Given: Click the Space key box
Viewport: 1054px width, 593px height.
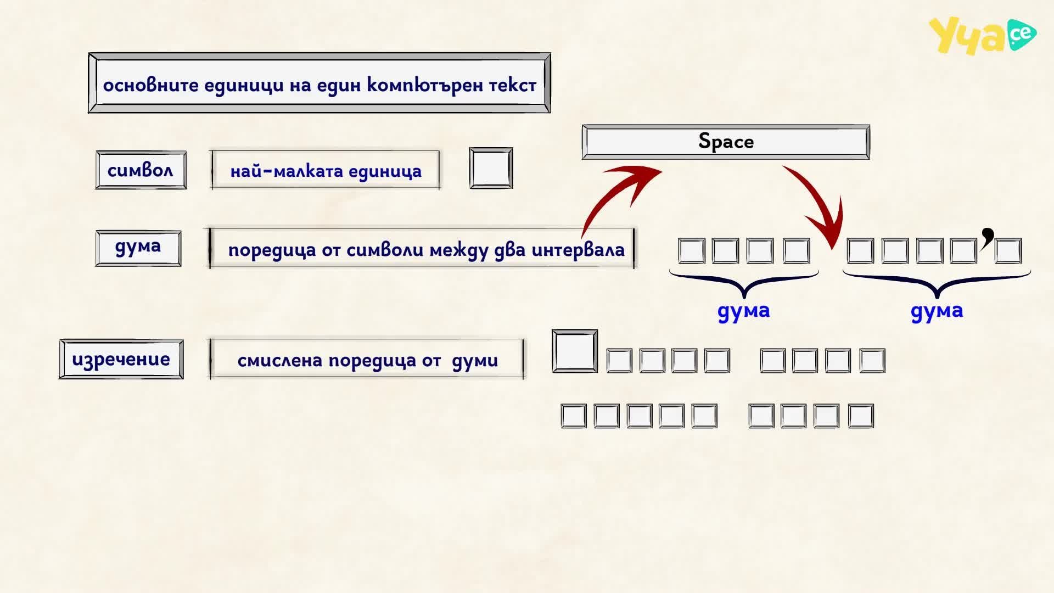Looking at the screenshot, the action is [726, 142].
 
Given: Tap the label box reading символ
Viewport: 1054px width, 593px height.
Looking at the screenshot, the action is [141, 170].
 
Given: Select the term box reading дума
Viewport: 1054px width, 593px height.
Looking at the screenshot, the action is [138, 248].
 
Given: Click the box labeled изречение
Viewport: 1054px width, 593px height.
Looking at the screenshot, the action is [121, 359].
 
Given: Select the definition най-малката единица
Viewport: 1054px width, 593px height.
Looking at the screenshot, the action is [326, 171].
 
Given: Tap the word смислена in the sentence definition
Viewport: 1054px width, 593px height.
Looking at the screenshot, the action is [280, 361].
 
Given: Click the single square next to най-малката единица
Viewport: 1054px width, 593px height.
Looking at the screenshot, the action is [491, 168].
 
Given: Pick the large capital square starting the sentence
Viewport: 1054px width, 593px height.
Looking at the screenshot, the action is [575, 351].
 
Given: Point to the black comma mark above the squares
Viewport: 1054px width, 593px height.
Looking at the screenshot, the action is [988, 237].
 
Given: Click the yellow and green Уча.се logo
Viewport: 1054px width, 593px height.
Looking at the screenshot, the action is [983, 36].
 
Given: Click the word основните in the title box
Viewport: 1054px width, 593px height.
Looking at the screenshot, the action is [151, 85].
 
